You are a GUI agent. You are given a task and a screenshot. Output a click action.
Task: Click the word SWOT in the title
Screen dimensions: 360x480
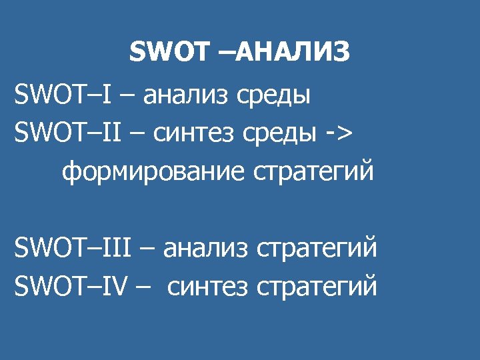click(169, 53)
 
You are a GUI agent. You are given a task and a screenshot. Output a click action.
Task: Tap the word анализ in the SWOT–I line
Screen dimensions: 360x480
click(184, 96)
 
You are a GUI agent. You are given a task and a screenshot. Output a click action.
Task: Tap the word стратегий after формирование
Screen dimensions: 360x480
click(313, 173)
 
